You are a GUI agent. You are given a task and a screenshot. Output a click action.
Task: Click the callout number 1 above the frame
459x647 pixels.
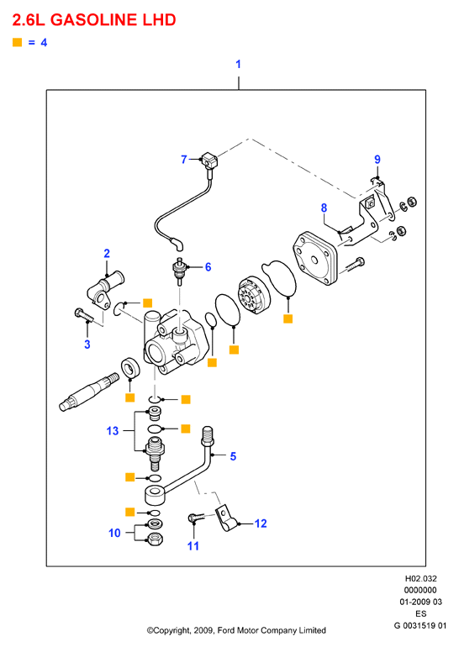click(238, 65)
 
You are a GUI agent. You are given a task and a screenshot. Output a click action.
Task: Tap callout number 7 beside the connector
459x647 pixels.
click(184, 160)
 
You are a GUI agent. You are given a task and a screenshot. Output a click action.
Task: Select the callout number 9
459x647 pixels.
click(377, 160)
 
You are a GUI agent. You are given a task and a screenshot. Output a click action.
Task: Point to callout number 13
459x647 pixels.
click(113, 431)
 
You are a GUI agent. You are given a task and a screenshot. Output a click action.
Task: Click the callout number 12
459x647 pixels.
click(261, 523)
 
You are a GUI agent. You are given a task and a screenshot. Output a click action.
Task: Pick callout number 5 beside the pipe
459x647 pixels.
click(233, 456)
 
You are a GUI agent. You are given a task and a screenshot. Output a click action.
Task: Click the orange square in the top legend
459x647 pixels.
click(18, 42)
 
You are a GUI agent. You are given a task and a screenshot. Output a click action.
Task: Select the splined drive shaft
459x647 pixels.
click(89, 392)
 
